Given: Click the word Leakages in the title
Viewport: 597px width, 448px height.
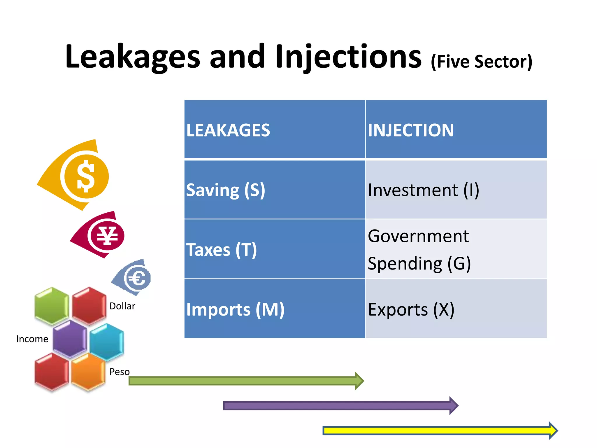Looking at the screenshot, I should [x=133, y=57].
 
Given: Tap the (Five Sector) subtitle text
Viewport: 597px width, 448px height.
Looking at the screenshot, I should [x=482, y=62].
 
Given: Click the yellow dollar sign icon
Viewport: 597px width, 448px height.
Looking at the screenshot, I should [x=85, y=176].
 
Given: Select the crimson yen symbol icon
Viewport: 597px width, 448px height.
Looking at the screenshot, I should [x=107, y=236].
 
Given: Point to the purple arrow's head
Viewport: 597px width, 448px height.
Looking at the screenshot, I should [x=454, y=406].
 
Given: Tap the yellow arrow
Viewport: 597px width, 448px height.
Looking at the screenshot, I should [x=437, y=430].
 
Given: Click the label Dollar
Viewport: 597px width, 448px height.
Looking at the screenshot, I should [x=122, y=306].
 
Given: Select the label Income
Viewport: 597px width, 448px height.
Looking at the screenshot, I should [x=32, y=339].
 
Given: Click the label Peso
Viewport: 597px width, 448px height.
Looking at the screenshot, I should [x=120, y=372].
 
